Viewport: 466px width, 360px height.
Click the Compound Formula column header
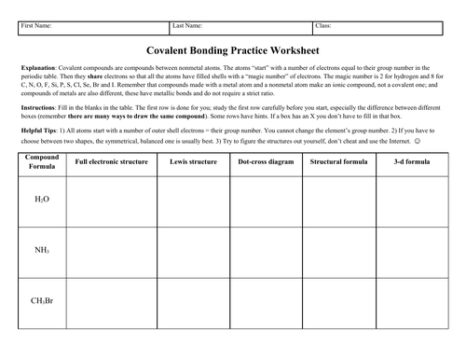click(x=41, y=164)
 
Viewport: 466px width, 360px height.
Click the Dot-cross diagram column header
click(x=266, y=160)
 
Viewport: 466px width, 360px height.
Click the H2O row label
click(x=41, y=200)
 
